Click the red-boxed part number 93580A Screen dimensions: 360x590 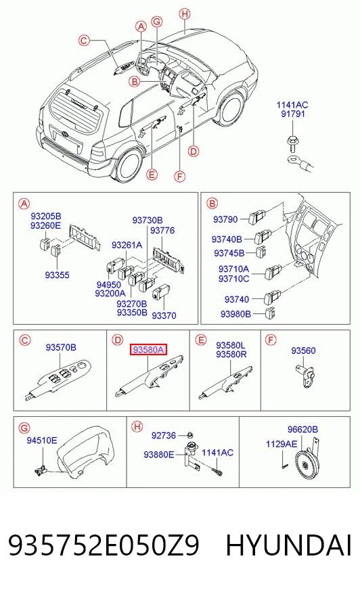click(x=148, y=350)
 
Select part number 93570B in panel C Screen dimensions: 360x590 click(x=61, y=347)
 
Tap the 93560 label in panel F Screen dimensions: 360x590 click(x=303, y=350)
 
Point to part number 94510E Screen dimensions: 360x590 click(x=42, y=440)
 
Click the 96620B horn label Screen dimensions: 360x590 click(x=302, y=430)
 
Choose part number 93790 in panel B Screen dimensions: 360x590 click(x=225, y=219)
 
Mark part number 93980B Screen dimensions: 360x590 click(x=235, y=314)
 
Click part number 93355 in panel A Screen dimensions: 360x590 click(x=57, y=275)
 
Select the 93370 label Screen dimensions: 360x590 click(x=164, y=315)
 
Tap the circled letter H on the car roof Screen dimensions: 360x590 click(x=185, y=14)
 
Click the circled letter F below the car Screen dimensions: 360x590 click(x=180, y=176)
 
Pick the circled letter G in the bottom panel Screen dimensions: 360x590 click(x=24, y=428)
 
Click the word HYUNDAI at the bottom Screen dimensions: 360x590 click(x=289, y=545)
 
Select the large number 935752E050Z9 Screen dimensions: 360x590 click(x=104, y=545)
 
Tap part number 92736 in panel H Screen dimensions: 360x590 click(x=164, y=435)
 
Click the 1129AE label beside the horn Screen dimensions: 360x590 click(x=282, y=444)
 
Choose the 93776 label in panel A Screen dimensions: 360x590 click(x=162, y=230)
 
